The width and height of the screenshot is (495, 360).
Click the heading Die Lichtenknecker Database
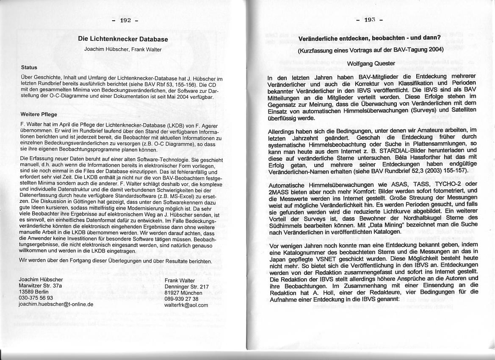(x=123, y=39)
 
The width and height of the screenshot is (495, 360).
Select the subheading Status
(x=29, y=67)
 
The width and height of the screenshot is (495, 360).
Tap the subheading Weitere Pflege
(x=39, y=114)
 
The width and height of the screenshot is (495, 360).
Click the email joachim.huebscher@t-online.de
(x=56, y=304)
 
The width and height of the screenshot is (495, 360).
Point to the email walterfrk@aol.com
(x=186, y=305)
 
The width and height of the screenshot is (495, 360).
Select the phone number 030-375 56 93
(x=36, y=298)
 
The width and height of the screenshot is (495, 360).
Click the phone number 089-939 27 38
(x=181, y=299)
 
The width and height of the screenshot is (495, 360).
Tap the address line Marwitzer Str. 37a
(x=41, y=286)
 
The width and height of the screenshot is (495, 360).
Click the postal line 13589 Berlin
(x=34, y=292)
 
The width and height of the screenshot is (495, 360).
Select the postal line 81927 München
(x=183, y=293)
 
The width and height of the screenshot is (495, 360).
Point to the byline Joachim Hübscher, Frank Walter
(x=123, y=49)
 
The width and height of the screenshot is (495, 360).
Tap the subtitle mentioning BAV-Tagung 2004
(x=371, y=50)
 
